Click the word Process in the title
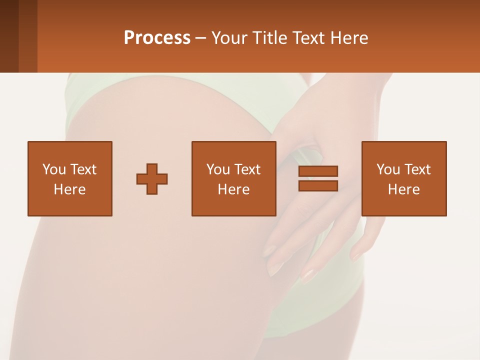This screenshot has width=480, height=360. [157, 37]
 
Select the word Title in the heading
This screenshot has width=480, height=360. [270, 37]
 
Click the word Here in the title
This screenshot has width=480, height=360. [349, 37]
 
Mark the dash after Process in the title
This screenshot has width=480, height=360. [201, 38]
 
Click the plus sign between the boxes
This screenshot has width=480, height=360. [152, 179]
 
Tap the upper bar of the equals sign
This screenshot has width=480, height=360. [318, 171]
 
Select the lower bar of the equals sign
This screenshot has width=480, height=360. [318, 186]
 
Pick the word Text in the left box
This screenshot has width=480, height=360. [83, 169]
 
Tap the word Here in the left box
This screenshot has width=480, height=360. [69, 189]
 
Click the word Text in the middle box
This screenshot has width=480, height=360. [247, 169]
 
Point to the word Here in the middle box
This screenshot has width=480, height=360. [233, 189]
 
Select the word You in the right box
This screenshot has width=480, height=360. [388, 169]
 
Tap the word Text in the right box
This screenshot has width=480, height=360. [417, 169]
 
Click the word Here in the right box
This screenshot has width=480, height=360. [403, 189]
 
